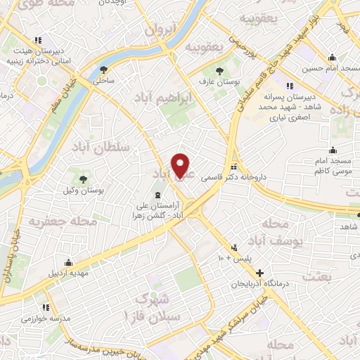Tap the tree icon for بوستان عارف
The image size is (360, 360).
pos(220,71)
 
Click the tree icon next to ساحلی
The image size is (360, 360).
pos(105,69)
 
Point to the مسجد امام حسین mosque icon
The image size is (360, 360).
pos(330,58)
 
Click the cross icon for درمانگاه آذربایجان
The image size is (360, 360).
pos(260,273)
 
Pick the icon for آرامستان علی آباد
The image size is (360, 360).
pos(157,194)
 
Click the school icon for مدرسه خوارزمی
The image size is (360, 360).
pos(46,307)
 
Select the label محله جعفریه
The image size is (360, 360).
pos(62,221)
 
